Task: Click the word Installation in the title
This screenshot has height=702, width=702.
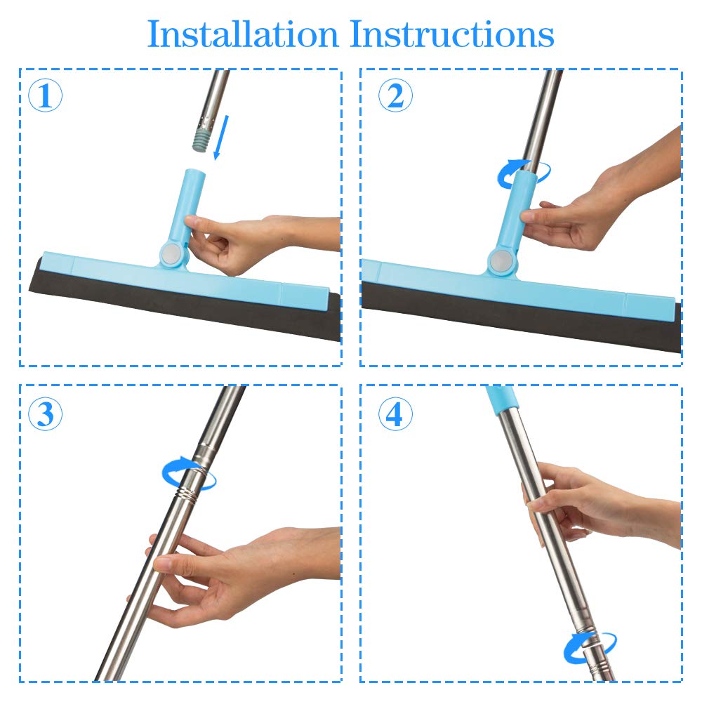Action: pyautogui.click(x=243, y=34)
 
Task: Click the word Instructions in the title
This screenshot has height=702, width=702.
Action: pyautogui.click(x=451, y=34)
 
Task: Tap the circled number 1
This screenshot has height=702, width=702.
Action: pyautogui.click(x=45, y=95)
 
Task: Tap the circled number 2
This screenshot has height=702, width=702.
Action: pyautogui.click(x=395, y=95)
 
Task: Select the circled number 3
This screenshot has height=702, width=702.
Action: pyautogui.click(x=45, y=413)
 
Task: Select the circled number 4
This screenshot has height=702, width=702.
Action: pyautogui.click(x=395, y=413)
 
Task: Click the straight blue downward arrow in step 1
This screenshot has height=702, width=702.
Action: pyautogui.click(x=222, y=138)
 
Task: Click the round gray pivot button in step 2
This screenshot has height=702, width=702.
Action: pyautogui.click(x=500, y=261)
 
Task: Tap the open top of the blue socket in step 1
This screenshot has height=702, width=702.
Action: pyautogui.click(x=194, y=171)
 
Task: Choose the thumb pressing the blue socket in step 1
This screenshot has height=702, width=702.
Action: pyautogui.click(x=197, y=223)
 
